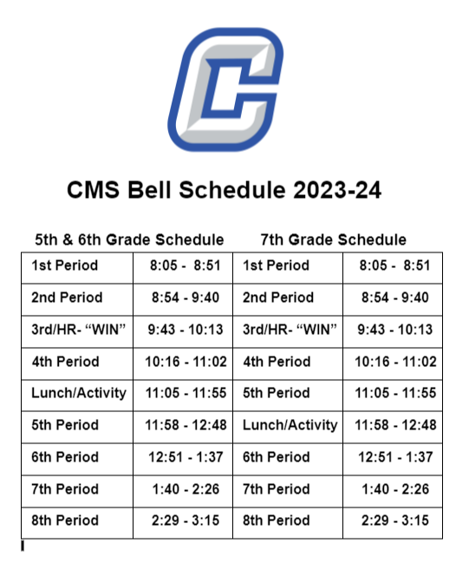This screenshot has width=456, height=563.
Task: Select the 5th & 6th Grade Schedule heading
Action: pos(129,239)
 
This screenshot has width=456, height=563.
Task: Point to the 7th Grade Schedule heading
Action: pos(333,239)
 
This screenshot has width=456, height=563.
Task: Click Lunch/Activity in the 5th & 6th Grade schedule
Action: pos(79,393)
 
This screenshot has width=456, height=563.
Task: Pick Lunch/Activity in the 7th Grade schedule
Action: pos(290,425)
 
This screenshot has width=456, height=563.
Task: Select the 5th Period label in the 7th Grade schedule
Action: pos(277,393)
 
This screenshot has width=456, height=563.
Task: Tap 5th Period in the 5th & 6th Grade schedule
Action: pos(65,425)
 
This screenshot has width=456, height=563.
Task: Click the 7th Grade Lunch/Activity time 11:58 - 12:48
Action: pos(395,425)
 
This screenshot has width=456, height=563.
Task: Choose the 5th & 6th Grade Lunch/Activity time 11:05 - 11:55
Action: pos(183,393)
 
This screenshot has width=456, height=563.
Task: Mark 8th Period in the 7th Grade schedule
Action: pos(277,520)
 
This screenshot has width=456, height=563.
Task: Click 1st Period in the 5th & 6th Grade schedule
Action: pos(65,265)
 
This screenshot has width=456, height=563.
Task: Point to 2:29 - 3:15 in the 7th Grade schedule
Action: pos(395,520)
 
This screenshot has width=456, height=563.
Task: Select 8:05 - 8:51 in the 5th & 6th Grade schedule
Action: pos(183,265)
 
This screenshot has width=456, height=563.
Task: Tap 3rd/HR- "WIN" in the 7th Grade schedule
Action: pos(290,330)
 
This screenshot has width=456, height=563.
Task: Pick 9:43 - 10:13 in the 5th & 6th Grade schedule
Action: pos(183,330)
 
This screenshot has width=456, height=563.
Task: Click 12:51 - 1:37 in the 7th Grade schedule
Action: pos(395,457)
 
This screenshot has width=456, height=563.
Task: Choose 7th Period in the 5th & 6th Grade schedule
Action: pos(65,489)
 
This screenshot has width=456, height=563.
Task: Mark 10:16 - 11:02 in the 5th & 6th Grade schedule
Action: pos(183,362)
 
